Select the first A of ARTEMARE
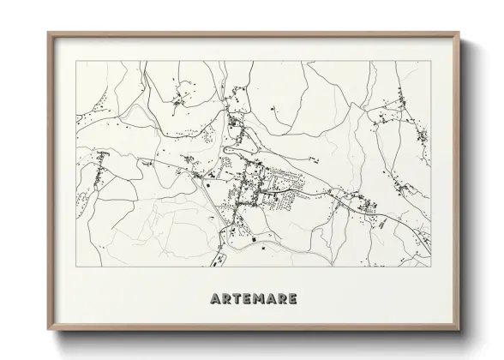[x=213, y=299]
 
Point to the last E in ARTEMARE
[x=293, y=299]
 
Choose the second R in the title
[x=282, y=299]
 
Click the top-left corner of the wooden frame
[x=48, y=33]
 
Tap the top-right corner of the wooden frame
[x=459, y=33]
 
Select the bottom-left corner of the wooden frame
[x=48, y=329]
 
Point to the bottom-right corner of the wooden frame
[x=459, y=329]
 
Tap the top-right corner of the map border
[x=431, y=61]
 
